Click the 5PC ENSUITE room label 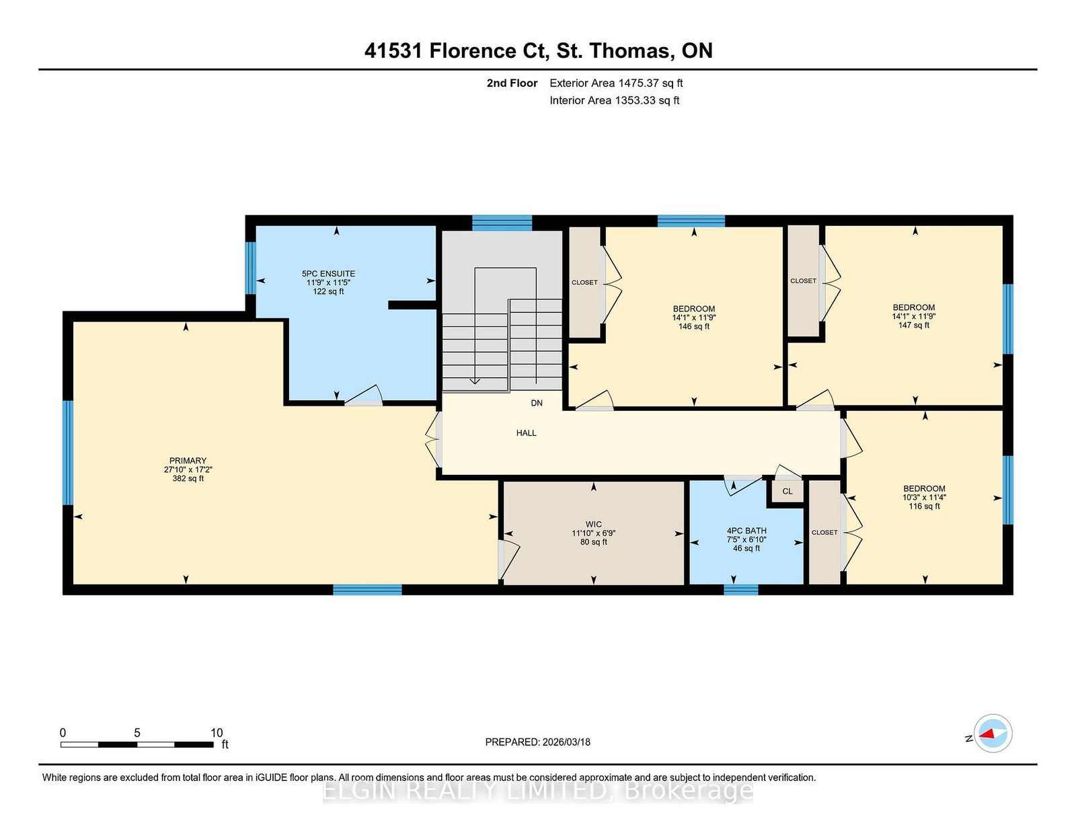tap(328, 273)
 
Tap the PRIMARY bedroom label tap(188, 461)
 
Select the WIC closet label tap(594, 524)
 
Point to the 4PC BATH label tap(746, 531)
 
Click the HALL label tap(527, 433)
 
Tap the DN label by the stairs tap(537, 403)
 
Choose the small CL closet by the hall tap(787, 491)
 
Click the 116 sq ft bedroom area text tap(924, 506)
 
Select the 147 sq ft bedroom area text tap(913, 325)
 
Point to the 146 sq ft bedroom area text tap(694, 326)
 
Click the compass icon tap(993, 733)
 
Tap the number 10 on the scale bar tap(217, 732)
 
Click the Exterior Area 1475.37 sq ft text tap(616, 83)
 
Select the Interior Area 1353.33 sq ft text tap(615, 100)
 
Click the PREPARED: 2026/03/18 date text tap(538, 742)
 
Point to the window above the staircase tap(502, 223)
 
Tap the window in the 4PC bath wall tap(741, 589)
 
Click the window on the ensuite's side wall tap(251, 268)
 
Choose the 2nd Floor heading tap(512, 83)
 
